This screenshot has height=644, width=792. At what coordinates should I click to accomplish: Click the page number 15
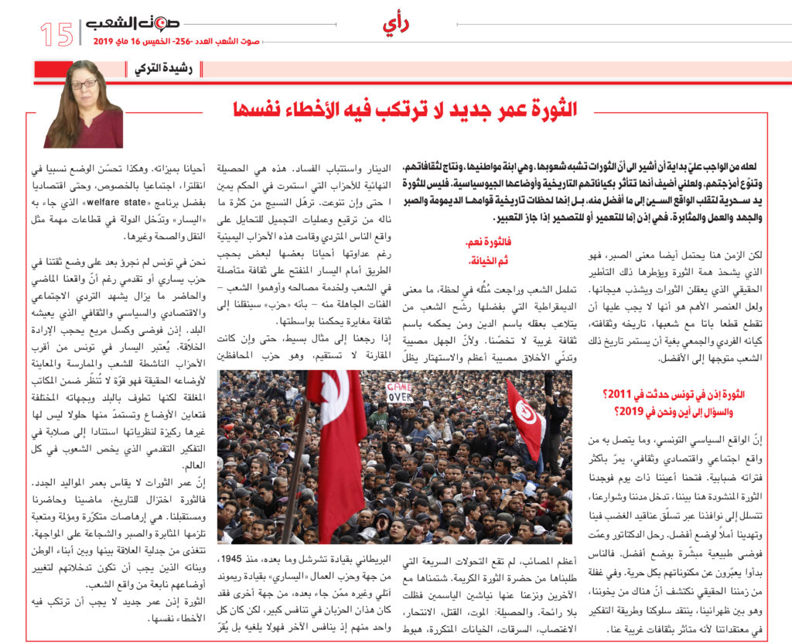(56, 33)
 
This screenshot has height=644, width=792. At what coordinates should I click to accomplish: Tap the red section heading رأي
(395, 25)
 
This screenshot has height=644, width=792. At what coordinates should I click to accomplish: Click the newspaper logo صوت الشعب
(124, 23)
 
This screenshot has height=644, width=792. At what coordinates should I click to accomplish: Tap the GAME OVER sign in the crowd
(399, 392)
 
